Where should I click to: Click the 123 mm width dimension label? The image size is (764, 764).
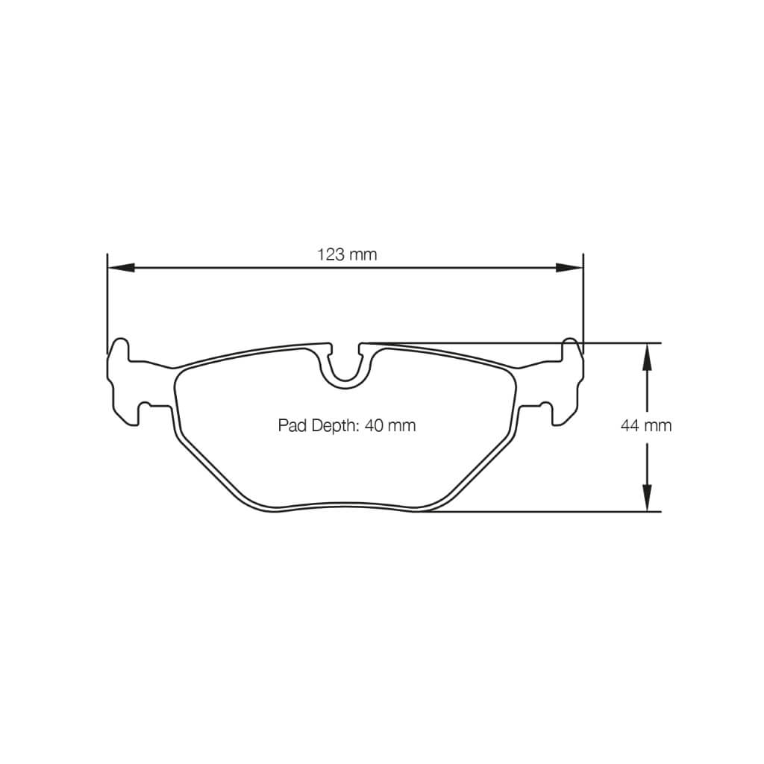[x=347, y=254]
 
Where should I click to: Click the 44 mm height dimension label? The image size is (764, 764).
[x=645, y=425]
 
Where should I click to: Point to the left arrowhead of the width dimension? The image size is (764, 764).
[x=119, y=267]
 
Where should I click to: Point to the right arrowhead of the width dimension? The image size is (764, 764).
[x=571, y=267]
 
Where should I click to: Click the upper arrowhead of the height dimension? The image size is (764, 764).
[x=647, y=356]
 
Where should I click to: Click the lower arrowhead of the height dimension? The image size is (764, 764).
[x=647, y=498]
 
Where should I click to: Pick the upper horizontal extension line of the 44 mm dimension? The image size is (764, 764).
[x=612, y=343]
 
